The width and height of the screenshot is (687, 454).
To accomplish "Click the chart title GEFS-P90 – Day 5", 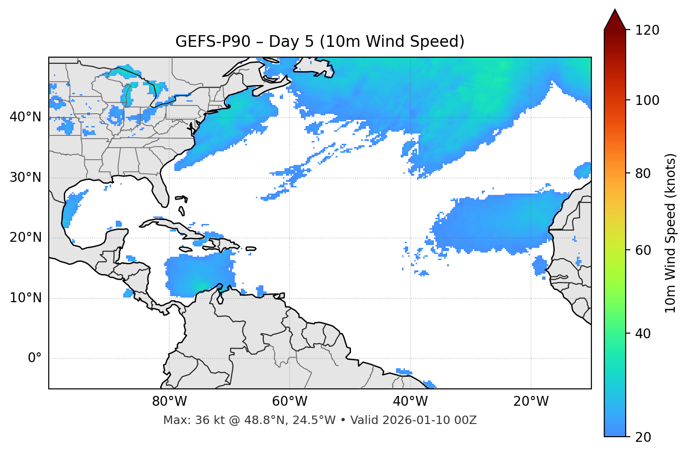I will click(x=320, y=42).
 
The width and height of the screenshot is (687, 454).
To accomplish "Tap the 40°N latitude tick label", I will click(x=25, y=117).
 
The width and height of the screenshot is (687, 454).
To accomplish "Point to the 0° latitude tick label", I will click(x=35, y=358).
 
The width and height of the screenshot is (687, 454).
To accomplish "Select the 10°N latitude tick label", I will click(x=25, y=298).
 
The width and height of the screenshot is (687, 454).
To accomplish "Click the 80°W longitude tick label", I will click(x=169, y=402).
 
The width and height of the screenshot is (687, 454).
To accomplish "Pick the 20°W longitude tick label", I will click(x=531, y=402).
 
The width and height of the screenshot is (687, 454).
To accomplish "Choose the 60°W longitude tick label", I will click(x=290, y=402).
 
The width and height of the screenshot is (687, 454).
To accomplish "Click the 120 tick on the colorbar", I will click(x=647, y=30).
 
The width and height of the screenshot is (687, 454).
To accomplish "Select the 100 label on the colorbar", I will click(x=647, y=100).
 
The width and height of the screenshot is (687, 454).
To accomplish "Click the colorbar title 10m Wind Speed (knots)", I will click(x=671, y=233).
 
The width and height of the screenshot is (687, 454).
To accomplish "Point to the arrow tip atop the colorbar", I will click(x=615, y=10).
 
